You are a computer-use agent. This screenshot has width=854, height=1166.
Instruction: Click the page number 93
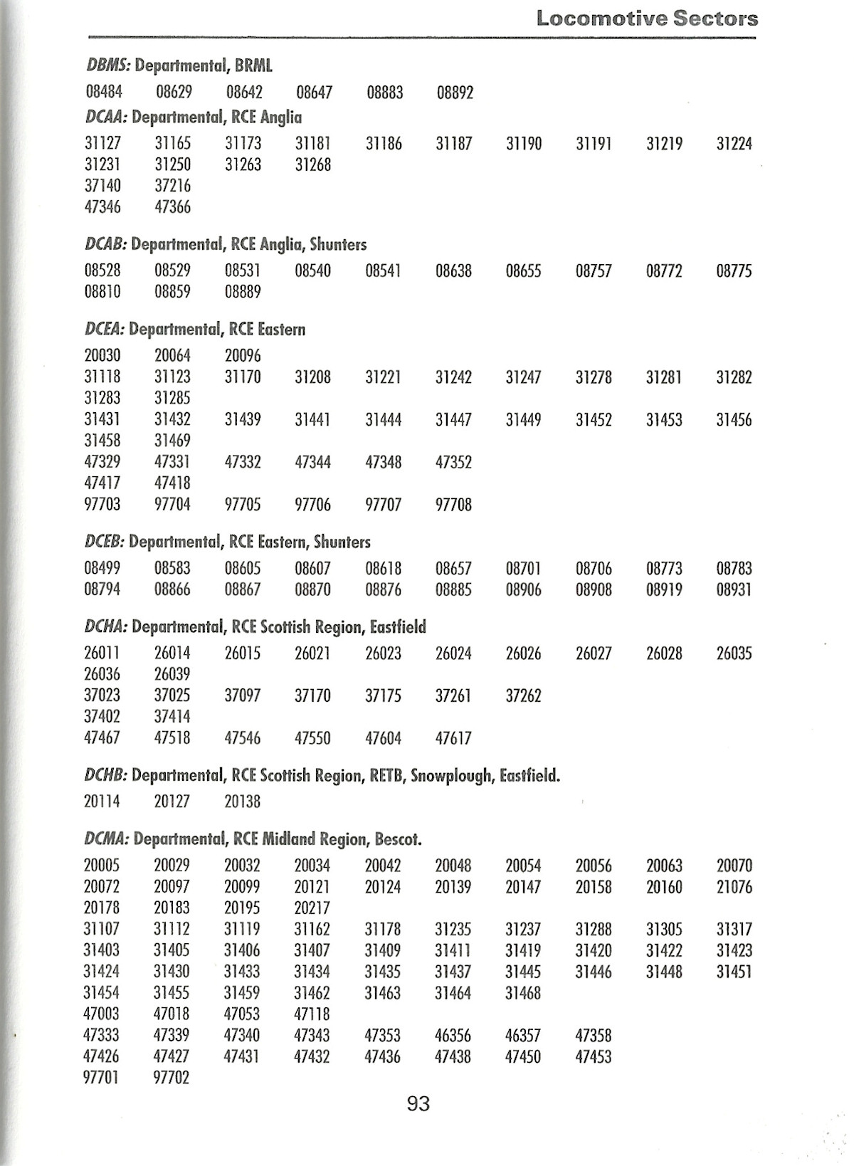(x=418, y=1104)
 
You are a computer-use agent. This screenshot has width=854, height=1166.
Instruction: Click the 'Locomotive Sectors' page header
(x=647, y=19)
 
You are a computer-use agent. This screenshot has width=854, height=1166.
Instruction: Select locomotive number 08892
(x=455, y=93)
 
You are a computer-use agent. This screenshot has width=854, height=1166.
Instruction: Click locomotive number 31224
(x=734, y=144)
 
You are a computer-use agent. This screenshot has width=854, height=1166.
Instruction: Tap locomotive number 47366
(x=173, y=207)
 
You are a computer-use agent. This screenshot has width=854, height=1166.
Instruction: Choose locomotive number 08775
(x=734, y=271)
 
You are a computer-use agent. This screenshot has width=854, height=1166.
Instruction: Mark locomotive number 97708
(x=453, y=505)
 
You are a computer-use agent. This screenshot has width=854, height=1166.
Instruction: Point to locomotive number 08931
(x=734, y=589)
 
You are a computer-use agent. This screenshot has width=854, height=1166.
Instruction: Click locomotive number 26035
(x=734, y=653)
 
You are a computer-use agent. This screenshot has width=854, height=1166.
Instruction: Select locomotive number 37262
(x=523, y=695)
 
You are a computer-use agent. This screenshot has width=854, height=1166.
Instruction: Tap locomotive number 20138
(x=243, y=802)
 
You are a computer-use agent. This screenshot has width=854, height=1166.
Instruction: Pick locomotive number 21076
(x=734, y=887)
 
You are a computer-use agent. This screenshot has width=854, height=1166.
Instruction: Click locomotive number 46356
(x=453, y=1035)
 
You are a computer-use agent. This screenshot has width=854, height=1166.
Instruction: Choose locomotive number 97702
(x=172, y=1078)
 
